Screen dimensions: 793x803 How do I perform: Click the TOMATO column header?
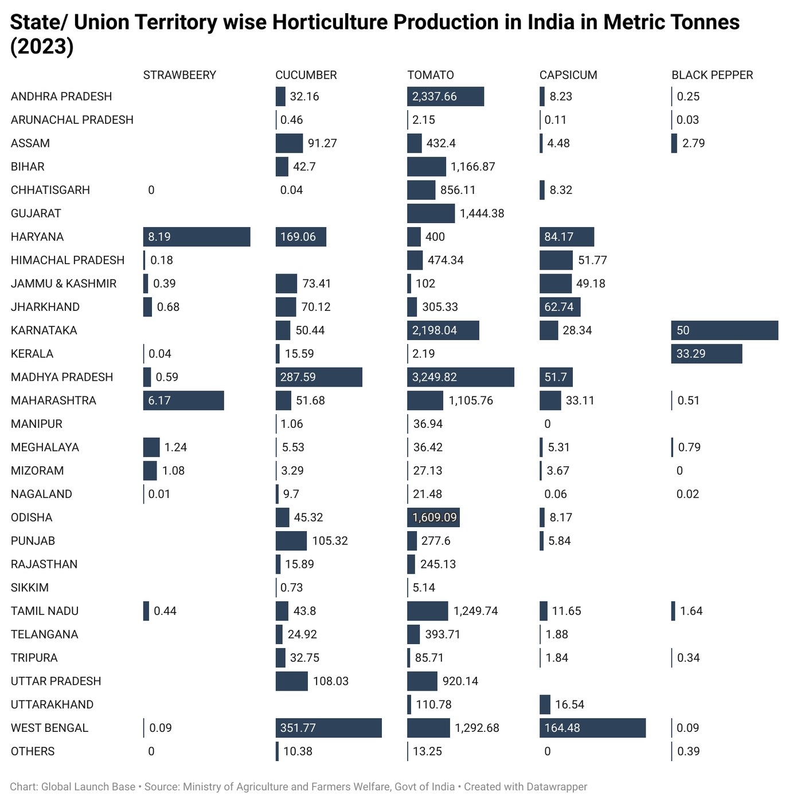click(x=431, y=75)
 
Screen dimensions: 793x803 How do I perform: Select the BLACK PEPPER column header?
click(x=712, y=75)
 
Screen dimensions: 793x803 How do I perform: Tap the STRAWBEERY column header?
click(x=179, y=75)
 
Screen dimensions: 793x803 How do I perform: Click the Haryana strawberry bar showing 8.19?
click(x=197, y=237)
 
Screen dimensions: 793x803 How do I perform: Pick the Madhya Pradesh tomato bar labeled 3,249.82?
click(x=460, y=377)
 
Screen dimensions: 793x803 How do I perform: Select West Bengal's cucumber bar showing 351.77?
click(x=329, y=728)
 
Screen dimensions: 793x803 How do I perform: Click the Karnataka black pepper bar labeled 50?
click(x=725, y=330)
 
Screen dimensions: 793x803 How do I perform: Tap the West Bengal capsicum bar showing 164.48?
click(x=592, y=728)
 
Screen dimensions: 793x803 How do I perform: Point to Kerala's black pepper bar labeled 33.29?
click(x=707, y=354)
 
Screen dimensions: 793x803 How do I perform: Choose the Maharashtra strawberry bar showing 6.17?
click(x=183, y=400)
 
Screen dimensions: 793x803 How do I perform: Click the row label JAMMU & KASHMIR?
click(x=64, y=284)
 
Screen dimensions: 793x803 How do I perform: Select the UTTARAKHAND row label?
click(x=52, y=705)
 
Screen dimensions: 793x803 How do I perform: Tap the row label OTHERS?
click(x=33, y=751)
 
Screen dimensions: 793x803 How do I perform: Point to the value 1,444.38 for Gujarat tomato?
click(x=482, y=213)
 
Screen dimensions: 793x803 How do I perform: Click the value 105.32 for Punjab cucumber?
click(x=330, y=541)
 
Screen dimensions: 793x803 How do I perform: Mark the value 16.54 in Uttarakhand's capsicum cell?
click(x=569, y=705)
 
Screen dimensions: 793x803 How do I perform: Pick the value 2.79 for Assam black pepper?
click(x=693, y=143)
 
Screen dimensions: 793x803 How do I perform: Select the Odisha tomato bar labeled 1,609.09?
click(x=433, y=517)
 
